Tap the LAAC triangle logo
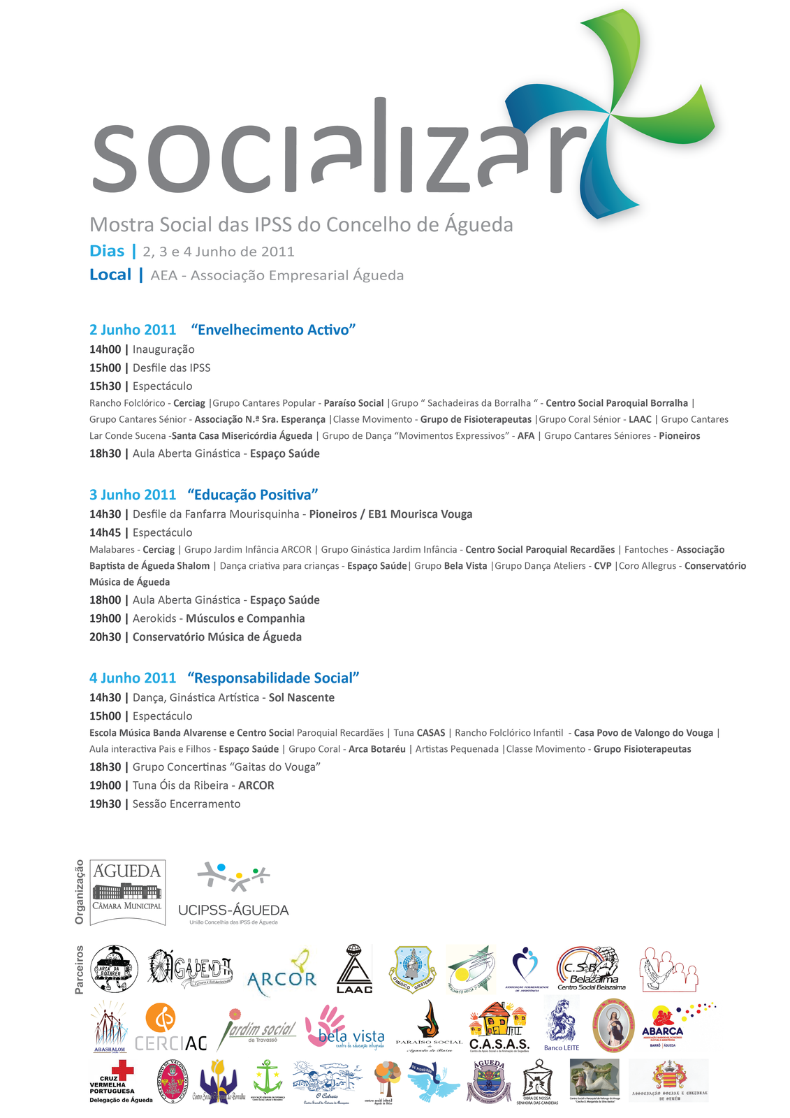coord(354,969)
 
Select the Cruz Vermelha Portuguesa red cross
coord(124,1070)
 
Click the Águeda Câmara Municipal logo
coord(128,892)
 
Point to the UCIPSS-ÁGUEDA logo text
coord(233,910)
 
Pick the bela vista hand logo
coord(344,1027)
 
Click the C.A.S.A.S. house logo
coord(499,1027)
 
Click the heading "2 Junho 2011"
coord(133,330)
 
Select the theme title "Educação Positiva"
coord(253,495)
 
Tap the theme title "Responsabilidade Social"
coord(273,678)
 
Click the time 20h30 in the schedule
coord(105,637)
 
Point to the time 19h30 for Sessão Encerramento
coord(105,804)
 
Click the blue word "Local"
coord(110,275)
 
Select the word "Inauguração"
coord(163,349)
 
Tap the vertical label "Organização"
coord(79,892)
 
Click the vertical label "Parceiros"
coord(79,969)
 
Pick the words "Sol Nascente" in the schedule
coord(302,697)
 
